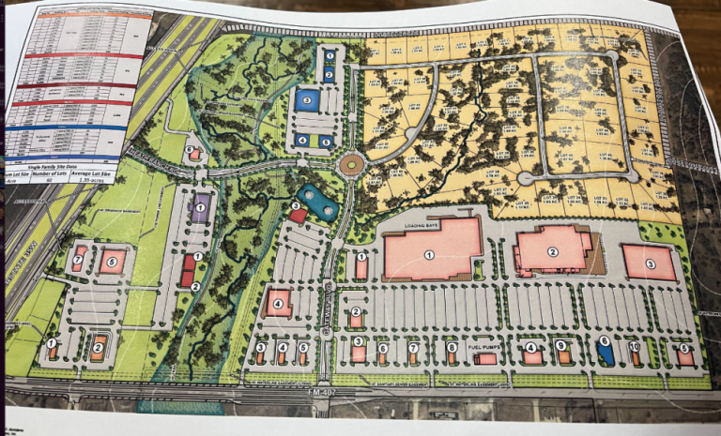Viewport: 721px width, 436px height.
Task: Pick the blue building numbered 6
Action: pos(606,353)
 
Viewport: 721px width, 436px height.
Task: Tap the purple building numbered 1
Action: pos(199,211)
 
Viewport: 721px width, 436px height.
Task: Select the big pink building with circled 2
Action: pos(554,250)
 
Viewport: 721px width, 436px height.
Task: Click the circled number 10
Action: pos(635,347)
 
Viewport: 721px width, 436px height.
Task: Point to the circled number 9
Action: pos(561,346)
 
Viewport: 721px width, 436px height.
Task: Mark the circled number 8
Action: pos(452,347)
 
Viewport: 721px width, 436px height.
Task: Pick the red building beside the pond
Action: pos(297,217)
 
